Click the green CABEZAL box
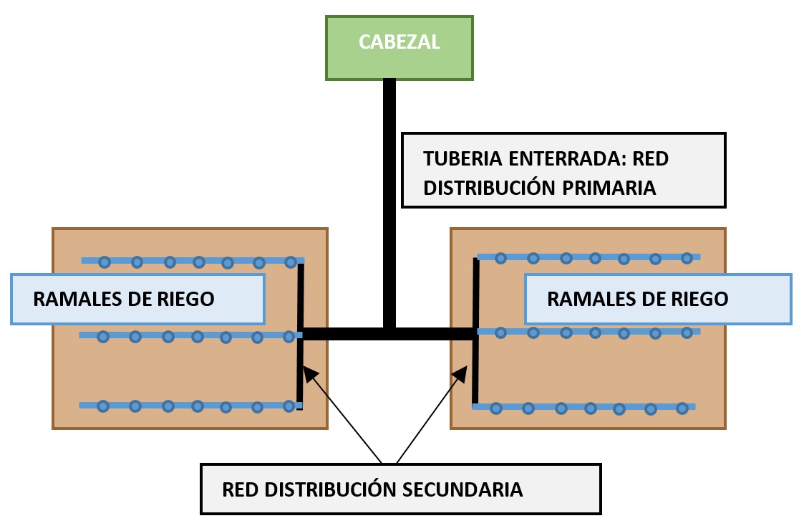(399, 47)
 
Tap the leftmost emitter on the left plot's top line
(105, 262)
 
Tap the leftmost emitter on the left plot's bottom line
(103, 406)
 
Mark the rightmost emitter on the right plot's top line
(687, 257)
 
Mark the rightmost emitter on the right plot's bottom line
(682, 408)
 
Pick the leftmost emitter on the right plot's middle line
(501, 333)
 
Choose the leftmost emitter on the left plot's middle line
(103, 336)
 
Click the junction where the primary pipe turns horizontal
(389, 333)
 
